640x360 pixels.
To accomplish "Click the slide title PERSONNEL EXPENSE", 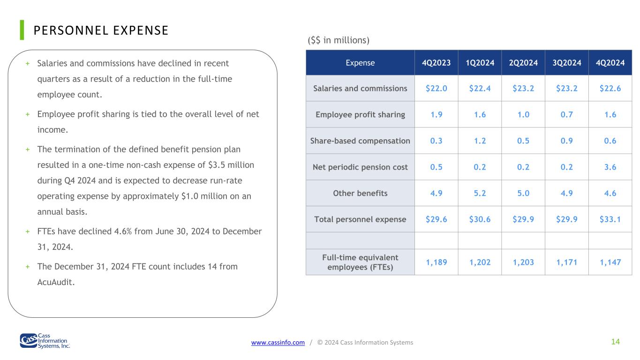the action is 101,30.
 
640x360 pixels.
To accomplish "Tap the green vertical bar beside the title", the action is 22,30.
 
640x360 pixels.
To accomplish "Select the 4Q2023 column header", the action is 436,63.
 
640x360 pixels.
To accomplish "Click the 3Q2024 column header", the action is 566,63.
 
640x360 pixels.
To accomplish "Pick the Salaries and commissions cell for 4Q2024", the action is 610,88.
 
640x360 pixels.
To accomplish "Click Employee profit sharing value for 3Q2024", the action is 566,114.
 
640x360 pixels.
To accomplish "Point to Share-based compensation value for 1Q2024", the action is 480,141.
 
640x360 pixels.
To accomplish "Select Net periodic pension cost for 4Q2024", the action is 610,167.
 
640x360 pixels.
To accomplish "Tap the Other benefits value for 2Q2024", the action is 523,194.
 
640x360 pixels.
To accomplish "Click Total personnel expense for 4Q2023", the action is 436,219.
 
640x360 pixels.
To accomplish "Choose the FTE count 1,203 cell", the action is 523,262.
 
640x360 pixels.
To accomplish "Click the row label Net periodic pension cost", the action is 360,167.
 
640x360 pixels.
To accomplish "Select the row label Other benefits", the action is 360,194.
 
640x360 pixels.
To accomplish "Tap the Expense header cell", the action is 360,63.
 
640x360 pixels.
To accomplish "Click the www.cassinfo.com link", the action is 278,342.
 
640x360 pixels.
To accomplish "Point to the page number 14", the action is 616,342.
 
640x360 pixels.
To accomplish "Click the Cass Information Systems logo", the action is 45,341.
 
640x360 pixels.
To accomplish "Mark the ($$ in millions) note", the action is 339,40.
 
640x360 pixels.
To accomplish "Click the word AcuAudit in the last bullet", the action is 56,282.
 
